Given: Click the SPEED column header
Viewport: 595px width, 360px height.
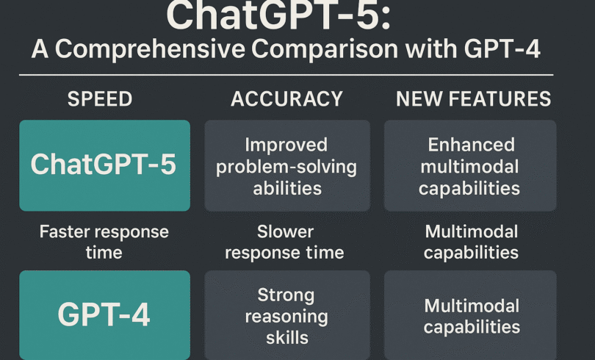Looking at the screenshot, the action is (100, 99).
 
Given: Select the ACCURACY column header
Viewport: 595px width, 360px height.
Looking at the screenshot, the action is (287, 99).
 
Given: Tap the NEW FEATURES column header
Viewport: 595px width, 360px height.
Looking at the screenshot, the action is (473, 99).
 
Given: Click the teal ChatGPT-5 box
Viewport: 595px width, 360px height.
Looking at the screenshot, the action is (105, 165).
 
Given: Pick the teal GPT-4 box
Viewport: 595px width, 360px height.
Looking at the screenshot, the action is (105, 315).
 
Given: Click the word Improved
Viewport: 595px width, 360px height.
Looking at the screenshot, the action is (286, 145).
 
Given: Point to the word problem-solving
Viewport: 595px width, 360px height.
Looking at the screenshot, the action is (286, 168).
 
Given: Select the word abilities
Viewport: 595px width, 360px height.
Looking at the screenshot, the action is (287, 188).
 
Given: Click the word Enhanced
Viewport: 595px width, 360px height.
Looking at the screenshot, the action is (472, 145).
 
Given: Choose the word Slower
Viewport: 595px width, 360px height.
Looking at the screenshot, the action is (285, 231).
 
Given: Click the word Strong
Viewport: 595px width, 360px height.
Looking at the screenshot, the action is (286, 295).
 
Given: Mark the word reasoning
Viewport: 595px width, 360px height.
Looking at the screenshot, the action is (286, 317).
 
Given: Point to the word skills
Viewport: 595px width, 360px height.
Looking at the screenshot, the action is (287, 338).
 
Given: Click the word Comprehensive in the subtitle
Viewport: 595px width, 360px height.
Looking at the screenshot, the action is (151, 49).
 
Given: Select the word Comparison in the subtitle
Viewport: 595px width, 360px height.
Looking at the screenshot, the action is (325, 49).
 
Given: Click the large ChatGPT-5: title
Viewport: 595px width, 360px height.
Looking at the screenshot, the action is (278, 16).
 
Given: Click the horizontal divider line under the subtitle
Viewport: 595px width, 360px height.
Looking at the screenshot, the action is (286, 75).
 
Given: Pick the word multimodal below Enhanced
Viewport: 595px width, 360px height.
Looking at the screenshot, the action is (470, 167).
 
